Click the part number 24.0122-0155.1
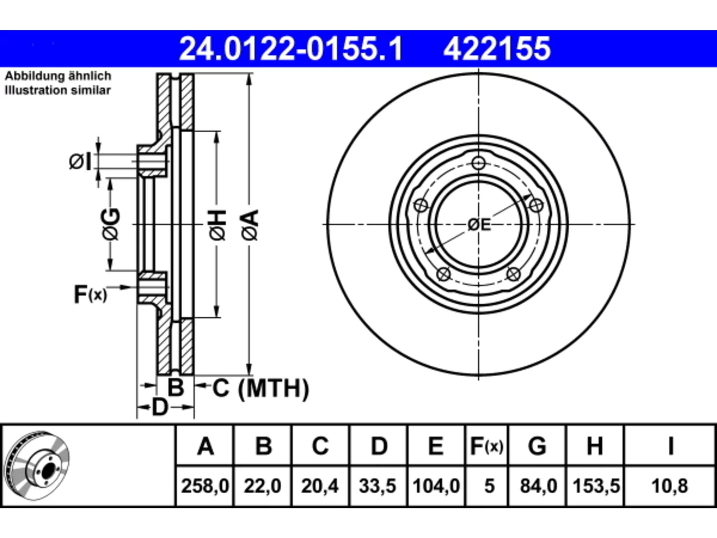click(291, 49)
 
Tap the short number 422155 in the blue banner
click(497, 49)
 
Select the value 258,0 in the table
click(205, 486)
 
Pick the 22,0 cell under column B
click(262, 486)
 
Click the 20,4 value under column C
click(320, 486)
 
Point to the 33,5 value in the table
click(378, 486)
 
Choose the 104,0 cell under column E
click(436, 486)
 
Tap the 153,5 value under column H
click(596, 486)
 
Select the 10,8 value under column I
click(669, 486)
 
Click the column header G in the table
click(537, 446)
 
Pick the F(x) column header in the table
click(486, 446)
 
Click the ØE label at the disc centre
click(479, 225)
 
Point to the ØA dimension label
click(251, 225)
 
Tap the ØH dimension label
click(218, 225)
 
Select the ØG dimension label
click(111, 224)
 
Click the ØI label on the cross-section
click(80, 162)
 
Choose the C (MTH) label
click(260, 388)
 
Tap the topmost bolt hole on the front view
click(478, 163)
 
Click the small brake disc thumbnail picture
click(36, 466)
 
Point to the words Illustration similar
click(58, 90)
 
